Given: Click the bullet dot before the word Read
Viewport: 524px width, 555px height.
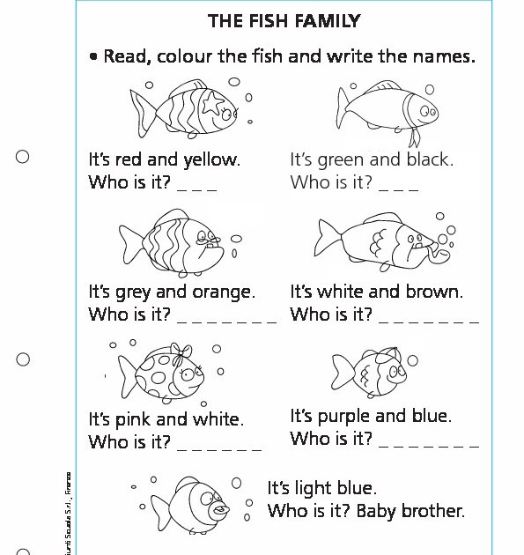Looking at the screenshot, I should coord(92,57).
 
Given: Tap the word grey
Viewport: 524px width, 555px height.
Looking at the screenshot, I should coord(133,292).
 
